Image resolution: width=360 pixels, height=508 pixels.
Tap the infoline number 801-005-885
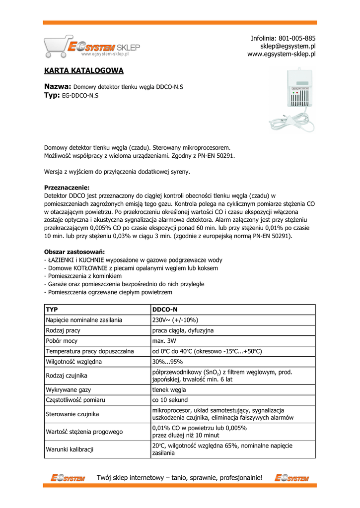(297, 38)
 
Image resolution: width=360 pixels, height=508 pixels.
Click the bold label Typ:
(52, 95)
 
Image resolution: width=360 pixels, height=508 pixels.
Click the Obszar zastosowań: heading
(74, 252)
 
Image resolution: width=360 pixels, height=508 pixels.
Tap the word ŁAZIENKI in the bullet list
(62, 260)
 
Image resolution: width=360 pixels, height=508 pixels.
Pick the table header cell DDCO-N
(165, 310)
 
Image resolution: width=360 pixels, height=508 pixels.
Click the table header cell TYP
(52, 310)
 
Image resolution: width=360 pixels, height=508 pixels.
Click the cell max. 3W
(164, 341)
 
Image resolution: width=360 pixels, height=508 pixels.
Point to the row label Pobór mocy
(62, 341)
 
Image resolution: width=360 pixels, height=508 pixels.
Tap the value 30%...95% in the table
(167, 362)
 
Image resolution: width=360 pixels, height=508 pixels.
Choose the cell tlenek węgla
(169, 390)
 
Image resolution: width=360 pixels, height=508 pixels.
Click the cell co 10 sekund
(170, 400)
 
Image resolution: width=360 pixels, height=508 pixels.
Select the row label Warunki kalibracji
(70, 450)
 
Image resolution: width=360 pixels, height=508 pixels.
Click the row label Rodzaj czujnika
(67, 376)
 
